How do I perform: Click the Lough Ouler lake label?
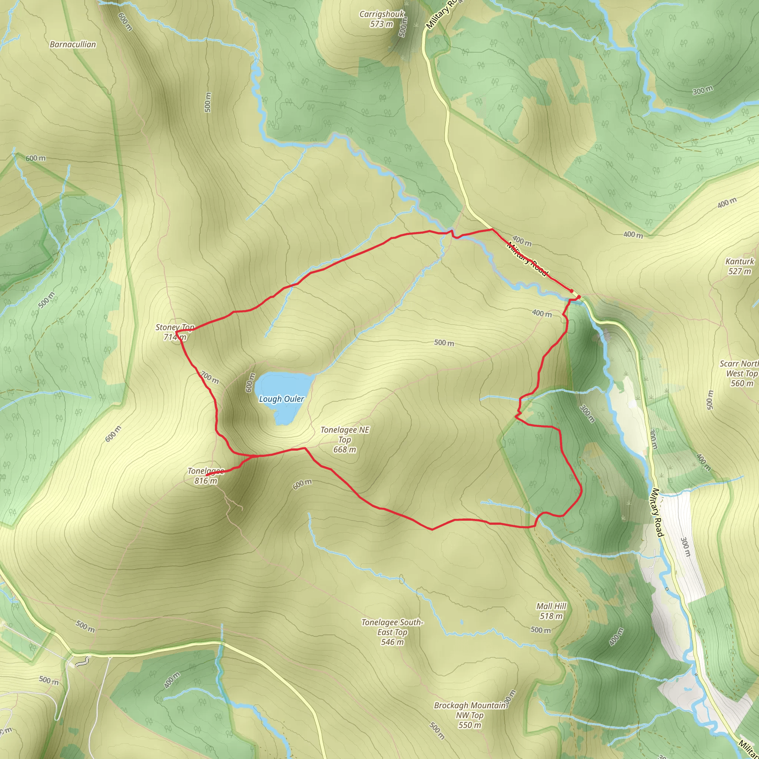[281, 399]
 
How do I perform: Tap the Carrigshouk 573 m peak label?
[381, 19]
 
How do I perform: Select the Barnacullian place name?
[73, 44]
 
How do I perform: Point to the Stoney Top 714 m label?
[175, 332]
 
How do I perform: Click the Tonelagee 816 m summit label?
[205, 476]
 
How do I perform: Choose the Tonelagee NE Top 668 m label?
[345, 440]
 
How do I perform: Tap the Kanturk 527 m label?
[740, 266]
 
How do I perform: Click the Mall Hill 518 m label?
[551, 611]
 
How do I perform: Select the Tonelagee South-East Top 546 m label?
[392, 632]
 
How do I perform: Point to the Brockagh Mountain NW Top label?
[470, 715]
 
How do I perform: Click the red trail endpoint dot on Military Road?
[579, 297]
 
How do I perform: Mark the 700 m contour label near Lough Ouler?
[209, 378]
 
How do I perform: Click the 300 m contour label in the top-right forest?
[703, 90]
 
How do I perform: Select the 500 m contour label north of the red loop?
[444, 342]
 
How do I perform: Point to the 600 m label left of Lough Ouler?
[250, 382]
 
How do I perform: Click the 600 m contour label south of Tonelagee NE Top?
[302, 484]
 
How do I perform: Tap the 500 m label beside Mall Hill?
[541, 630]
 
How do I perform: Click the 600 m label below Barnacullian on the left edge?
[35, 158]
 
